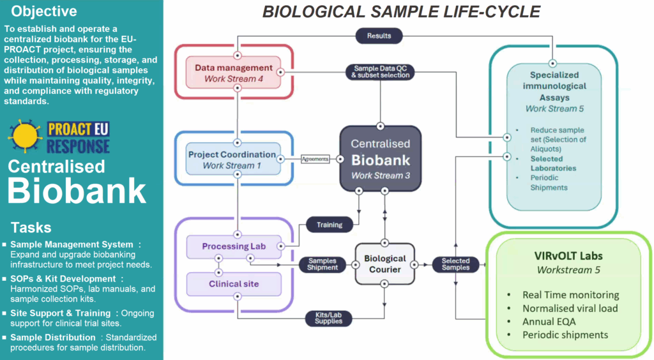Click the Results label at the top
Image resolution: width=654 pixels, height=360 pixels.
(x=379, y=35)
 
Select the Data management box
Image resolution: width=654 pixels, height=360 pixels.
(x=233, y=73)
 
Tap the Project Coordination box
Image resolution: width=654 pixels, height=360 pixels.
(x=232, y=160)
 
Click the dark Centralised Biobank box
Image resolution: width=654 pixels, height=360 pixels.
(x=381, y=158)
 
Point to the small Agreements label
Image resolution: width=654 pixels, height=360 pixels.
(x=316, y=159)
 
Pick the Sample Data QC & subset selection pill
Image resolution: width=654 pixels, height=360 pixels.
(x=381, y=71)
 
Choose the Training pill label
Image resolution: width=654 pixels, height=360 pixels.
(x=330, y=225)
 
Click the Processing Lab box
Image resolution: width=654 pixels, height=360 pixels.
(x=234, y=246)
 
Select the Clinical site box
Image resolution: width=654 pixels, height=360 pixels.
(x=234, y=283)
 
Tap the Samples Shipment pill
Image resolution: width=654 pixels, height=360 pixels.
(x=323, y=264)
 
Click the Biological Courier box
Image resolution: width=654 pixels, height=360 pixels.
(x=385, y=264)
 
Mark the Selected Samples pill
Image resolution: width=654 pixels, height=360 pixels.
(x=455, y=264)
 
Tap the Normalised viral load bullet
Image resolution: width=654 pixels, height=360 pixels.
(x=570, y=308)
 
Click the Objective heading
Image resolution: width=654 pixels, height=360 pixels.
(x=44, y=11)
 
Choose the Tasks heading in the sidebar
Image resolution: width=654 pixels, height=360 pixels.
(x=31, y=228)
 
